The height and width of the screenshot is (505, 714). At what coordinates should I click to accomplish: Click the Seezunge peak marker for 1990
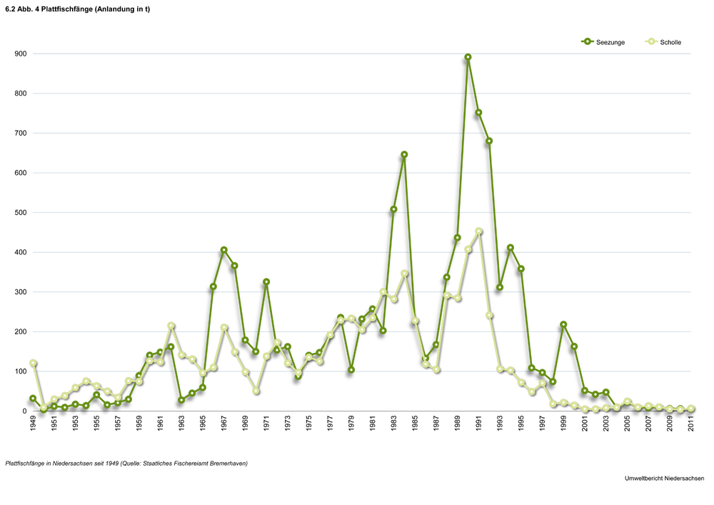pos(468,57)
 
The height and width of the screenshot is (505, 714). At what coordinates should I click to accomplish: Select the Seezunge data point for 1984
pos(404,154)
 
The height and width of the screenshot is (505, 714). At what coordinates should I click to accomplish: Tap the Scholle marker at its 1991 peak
pos(479,231)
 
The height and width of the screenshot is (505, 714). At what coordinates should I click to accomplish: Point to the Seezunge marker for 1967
pos(223,250)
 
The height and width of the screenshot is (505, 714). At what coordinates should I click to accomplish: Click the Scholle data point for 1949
pos(33,364)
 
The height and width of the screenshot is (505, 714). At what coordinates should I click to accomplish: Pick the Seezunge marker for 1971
pos(266,282)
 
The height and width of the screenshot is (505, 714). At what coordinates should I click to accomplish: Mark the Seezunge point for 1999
pos(563,324)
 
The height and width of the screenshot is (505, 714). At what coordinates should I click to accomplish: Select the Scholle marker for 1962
pos(171,326)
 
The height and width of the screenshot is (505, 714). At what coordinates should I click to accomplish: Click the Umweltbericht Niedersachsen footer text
pos(663,478)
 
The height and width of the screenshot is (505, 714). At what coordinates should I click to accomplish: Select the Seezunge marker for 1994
pos(511,248)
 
